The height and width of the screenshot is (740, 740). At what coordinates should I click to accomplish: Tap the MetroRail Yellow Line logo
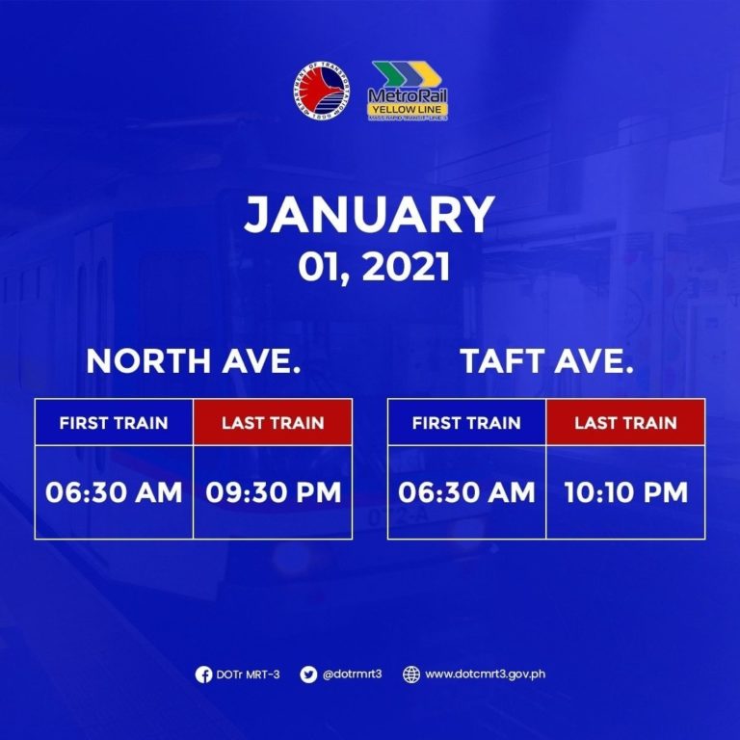(x=410, y=92)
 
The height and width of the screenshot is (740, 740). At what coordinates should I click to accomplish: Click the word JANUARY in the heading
(x=369, y=216)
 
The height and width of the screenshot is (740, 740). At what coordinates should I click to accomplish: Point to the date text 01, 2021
(x=370, y=266)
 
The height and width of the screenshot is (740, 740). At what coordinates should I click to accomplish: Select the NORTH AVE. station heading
(x=194, y=362)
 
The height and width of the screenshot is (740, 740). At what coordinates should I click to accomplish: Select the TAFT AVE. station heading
(x=546, y=362)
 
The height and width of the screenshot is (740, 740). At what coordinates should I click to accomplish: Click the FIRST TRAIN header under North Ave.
(x=114, y=422)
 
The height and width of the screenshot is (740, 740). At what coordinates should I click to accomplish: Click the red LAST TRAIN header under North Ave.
(x=273, y=422)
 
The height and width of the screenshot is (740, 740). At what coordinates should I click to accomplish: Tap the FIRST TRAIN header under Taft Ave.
(x=466, y=422)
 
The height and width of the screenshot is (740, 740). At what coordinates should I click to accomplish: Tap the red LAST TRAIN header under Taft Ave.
(x=625, y=422)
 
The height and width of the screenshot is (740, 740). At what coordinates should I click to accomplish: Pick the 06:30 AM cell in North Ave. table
(x=114, y=492)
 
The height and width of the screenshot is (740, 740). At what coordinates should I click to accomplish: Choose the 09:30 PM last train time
(x=274, y=492)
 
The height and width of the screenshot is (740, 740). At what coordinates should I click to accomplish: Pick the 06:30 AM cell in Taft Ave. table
(x=466, y=492)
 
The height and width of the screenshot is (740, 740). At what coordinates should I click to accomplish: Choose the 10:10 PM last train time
(x=625, y=492)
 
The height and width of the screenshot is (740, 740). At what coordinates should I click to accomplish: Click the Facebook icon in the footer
(x=203, y=674)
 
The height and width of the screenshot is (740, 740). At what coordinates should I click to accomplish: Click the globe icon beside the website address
(x=411, y=674)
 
